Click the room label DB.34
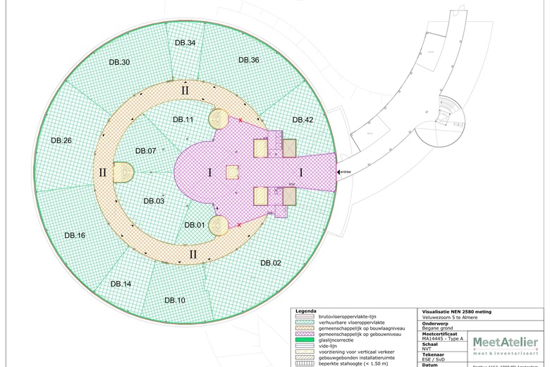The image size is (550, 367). pos(185,43)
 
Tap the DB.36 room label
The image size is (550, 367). pos(248,60)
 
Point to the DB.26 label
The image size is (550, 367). pos(61,140)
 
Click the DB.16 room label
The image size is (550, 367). pos(75,235)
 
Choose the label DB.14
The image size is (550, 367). pos(121,283)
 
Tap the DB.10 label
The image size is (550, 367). pos(175,301)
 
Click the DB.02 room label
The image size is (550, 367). pos(271,263)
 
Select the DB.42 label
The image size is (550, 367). pos(302,120)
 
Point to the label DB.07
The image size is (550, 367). pos(145,151)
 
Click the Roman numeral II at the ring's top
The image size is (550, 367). pos(185,90)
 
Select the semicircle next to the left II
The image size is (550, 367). pos(123,172)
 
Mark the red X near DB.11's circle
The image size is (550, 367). pos(240,121)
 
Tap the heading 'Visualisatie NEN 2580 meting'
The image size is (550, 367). pos(457,311)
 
